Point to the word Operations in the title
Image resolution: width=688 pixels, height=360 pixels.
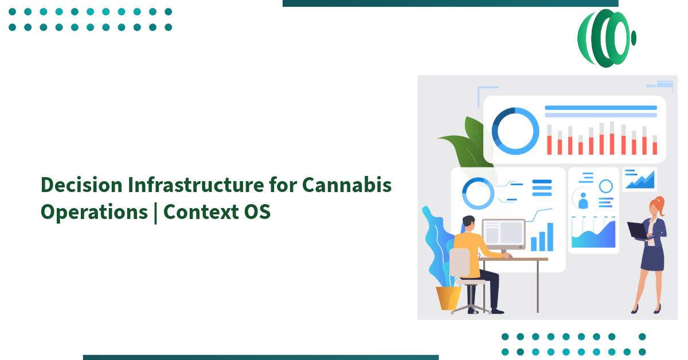pos(94,212)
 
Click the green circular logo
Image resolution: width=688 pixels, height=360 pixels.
pos(606,38)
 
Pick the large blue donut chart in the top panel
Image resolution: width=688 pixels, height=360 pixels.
pos(515,131)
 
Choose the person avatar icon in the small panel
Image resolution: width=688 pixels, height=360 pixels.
pos(583,200)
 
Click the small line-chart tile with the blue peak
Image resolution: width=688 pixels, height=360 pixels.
pos(639,179)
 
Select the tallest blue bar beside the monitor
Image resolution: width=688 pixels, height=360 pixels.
pos(550,237)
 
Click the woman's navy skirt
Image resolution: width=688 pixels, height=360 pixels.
pos(652,257)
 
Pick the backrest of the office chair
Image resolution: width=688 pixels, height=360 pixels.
pos(460,263)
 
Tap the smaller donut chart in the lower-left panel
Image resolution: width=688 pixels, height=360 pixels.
pos(478,193)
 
